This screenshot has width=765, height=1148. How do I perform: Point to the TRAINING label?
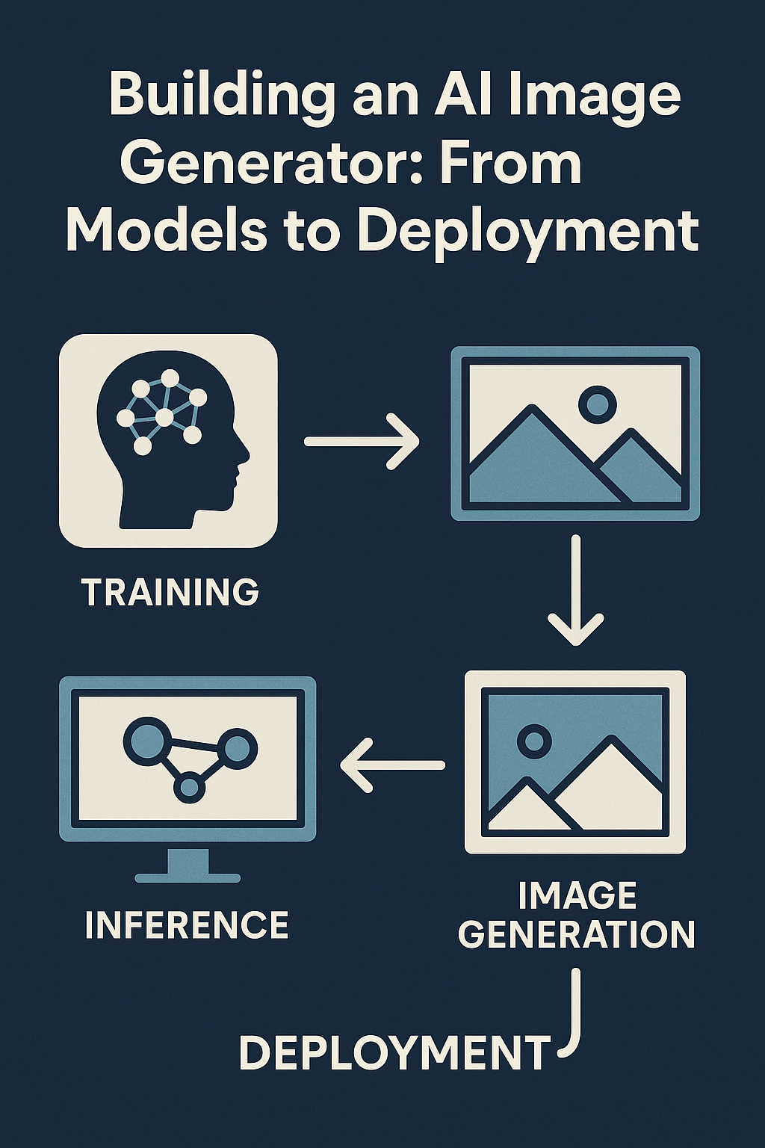(x=170, y=592)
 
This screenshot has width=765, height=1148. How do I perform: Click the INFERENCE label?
(x=187, y=925)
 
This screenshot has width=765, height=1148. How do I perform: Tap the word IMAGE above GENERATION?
(x=577, y=895)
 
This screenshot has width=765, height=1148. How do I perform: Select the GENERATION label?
(x=577, y=934)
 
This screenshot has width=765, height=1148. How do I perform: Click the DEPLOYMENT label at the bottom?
(x=394, y=1053)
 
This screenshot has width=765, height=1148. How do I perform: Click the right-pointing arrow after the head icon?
(x=362, y=442)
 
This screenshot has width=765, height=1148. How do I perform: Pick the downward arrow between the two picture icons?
(x=575, y=590)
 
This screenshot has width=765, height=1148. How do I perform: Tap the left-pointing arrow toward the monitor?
(x=392, y=765)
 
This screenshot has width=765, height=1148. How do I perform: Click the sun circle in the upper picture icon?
(x=597, y=404)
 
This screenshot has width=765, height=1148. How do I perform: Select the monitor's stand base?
(x=187, y=877)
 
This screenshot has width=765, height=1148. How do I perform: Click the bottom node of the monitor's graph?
(x=190, y=787)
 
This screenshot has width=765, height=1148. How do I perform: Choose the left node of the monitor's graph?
(x=142, y=740)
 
